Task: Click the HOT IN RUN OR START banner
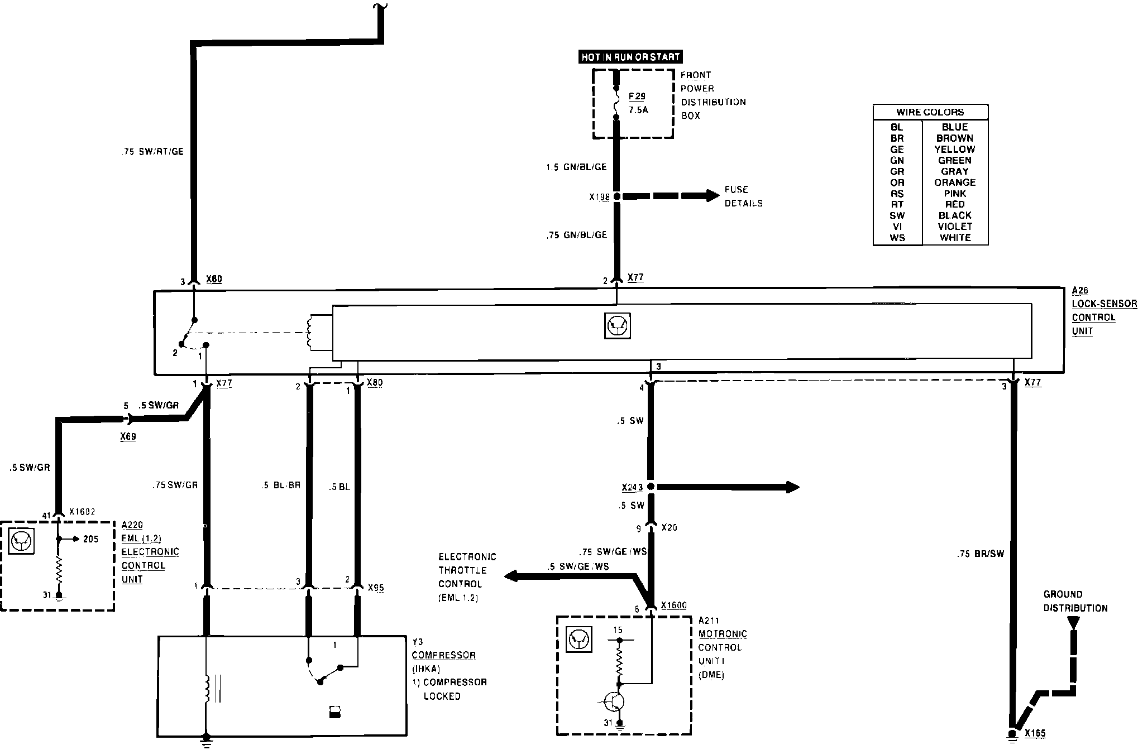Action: tap(630, 57)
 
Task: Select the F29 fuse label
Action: tap(637, 97)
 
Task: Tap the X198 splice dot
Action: tap(616, 196)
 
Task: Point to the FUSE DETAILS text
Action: tap(743, 196)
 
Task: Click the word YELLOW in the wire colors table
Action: tap(954, 150)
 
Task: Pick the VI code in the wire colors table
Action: tap(897, 227)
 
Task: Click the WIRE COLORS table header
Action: tap(930, 112)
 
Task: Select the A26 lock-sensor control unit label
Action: tap(1103, 311)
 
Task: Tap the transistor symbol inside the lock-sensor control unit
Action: tap(618, 325)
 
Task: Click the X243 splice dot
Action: tap(651, 487)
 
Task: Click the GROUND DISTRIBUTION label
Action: tap(1075, 602)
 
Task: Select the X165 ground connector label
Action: tap(1035, 734)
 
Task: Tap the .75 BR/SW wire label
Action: tap(980, 554)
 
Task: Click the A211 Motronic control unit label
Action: tap(723, 647)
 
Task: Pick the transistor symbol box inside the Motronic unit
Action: tap(579, 640)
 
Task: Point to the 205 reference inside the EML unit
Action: tap(90, 539)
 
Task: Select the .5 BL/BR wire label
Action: tap(280, 485)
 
